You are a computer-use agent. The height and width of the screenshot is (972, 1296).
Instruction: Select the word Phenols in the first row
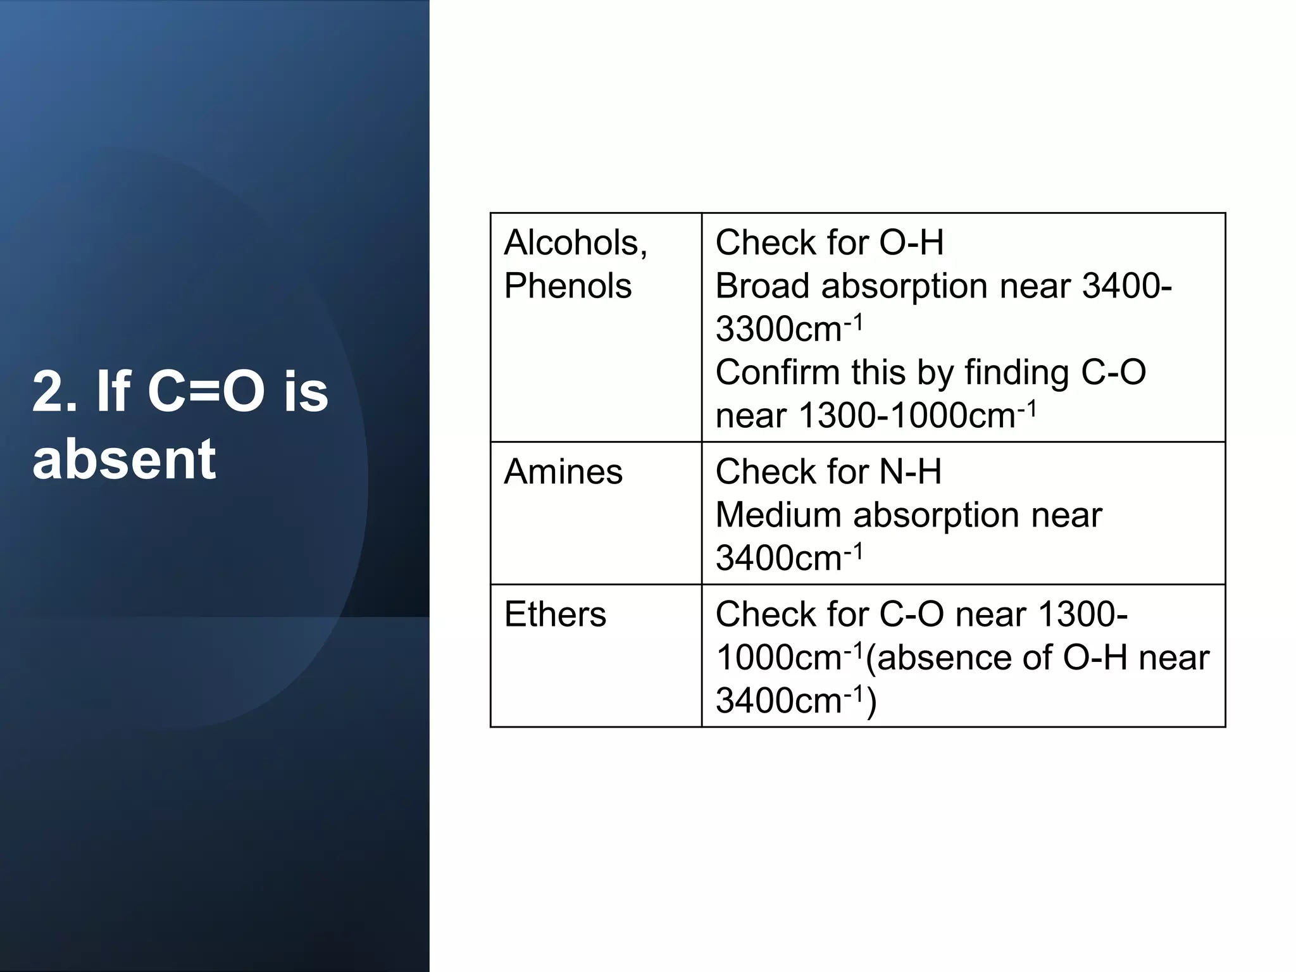coord(568,286)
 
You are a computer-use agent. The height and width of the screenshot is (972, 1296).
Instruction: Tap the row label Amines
coord(563,472)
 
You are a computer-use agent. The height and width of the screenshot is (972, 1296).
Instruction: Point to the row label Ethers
coord(555,614)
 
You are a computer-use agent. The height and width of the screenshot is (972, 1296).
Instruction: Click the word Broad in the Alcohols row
coord(762,286)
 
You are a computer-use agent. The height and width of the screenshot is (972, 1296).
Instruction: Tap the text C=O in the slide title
coord(206,392)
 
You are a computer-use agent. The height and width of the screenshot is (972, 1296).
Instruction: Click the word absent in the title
coord(124,459)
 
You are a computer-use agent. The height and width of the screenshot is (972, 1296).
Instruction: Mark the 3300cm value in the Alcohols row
coord(779,330)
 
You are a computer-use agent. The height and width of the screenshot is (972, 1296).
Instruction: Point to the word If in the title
coord(113,392)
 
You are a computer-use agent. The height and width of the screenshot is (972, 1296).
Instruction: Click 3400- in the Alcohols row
coord(1126,286)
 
